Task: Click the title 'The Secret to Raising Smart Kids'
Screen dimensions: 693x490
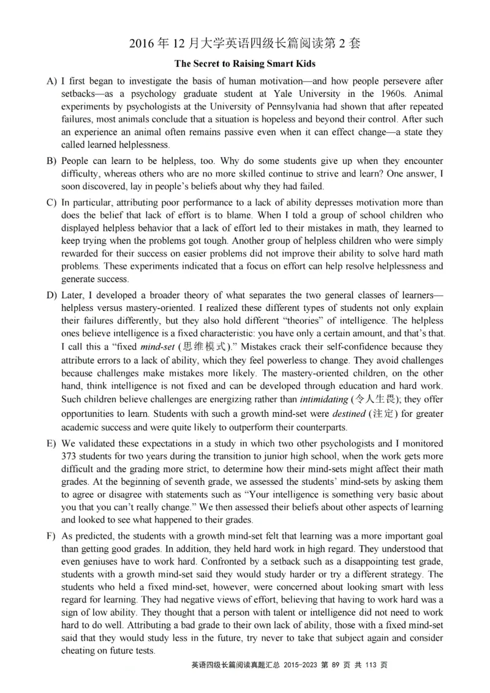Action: tap(245, 64)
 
